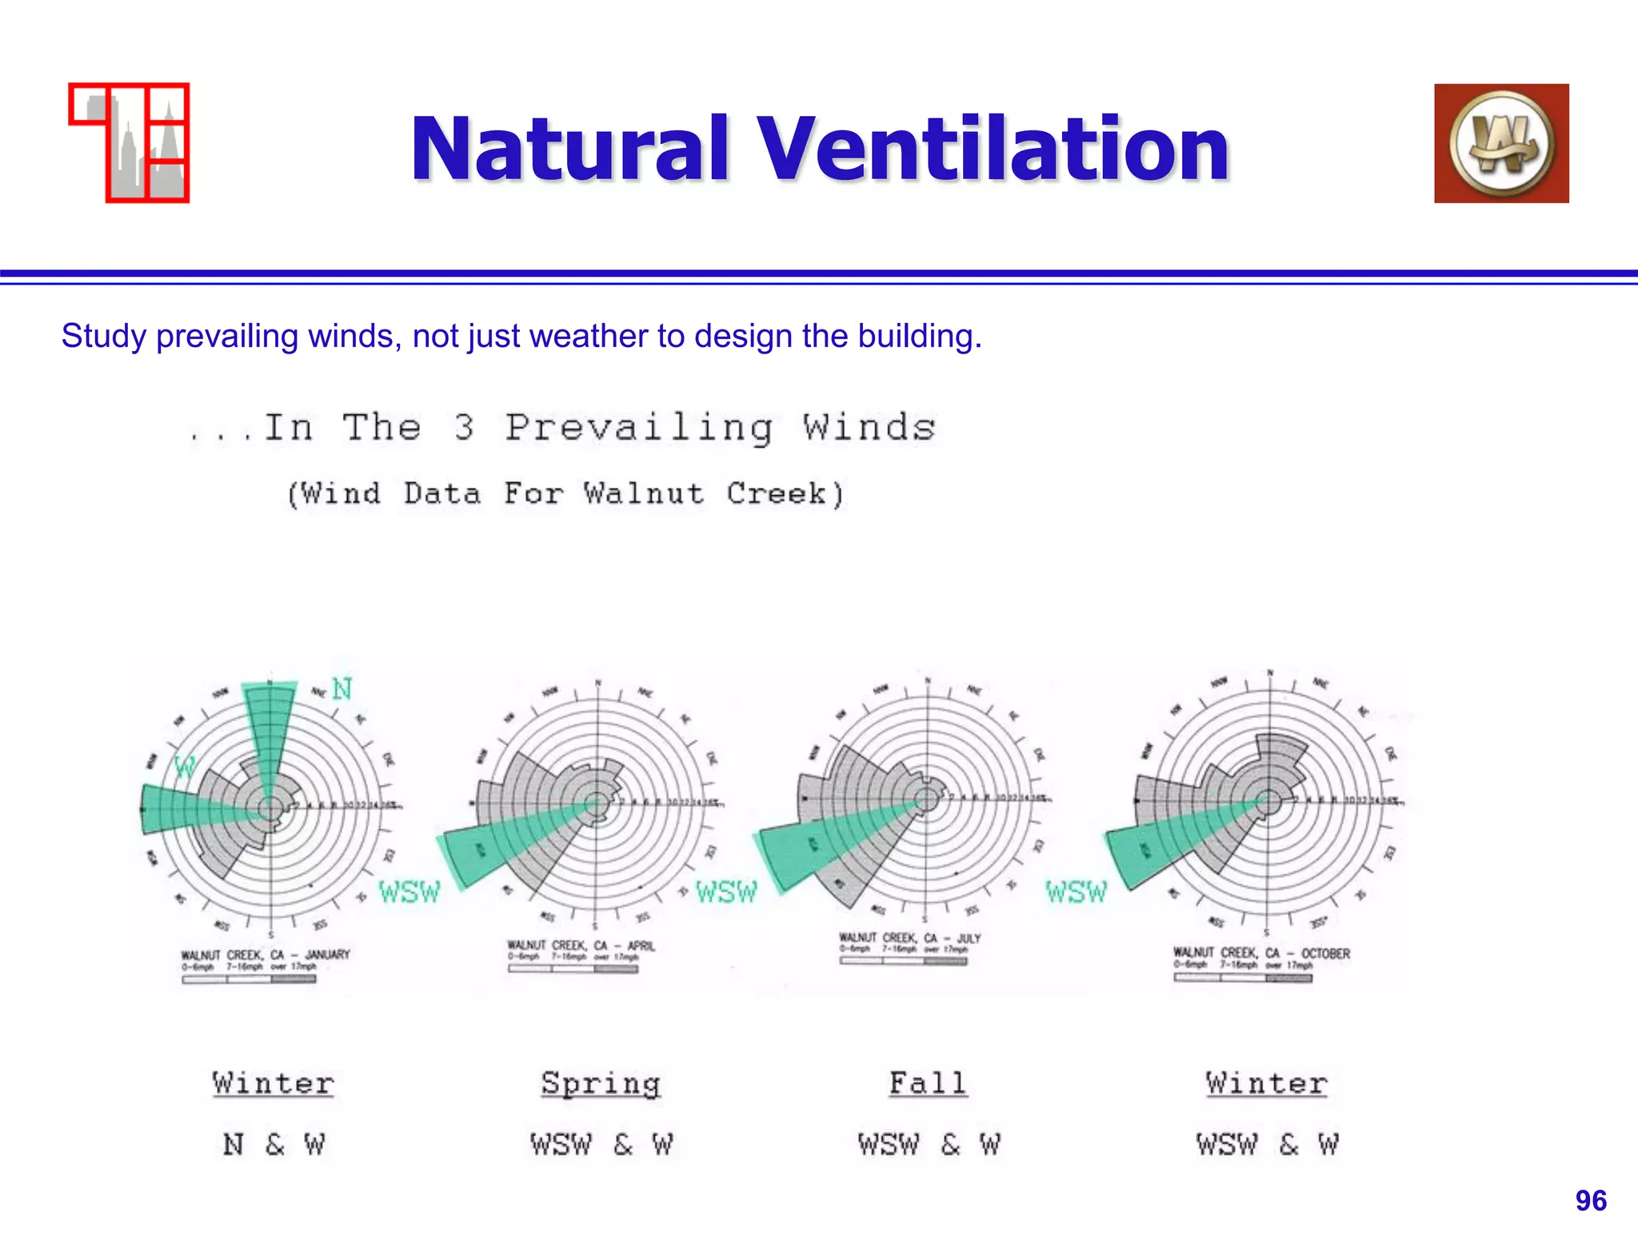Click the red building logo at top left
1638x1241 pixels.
130,142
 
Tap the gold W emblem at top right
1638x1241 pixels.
1501,143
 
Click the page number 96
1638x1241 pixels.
1590,1200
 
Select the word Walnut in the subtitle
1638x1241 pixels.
643,493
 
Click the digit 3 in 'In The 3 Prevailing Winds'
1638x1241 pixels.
464,428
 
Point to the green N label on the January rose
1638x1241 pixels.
342,688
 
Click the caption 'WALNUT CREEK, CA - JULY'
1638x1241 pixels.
909,938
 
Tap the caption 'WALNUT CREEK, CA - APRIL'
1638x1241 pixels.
581,946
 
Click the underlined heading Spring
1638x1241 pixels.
601,1083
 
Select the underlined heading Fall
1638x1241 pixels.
928,1083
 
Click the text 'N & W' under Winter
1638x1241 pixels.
274,1144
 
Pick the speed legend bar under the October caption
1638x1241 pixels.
1242,977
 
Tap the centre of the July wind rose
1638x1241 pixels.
927,799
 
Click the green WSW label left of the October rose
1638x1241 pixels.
1077,891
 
